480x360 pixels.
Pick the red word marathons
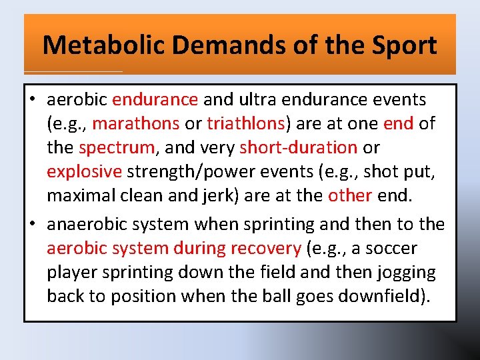136,124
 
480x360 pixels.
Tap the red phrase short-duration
299,147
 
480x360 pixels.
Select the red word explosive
84,171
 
